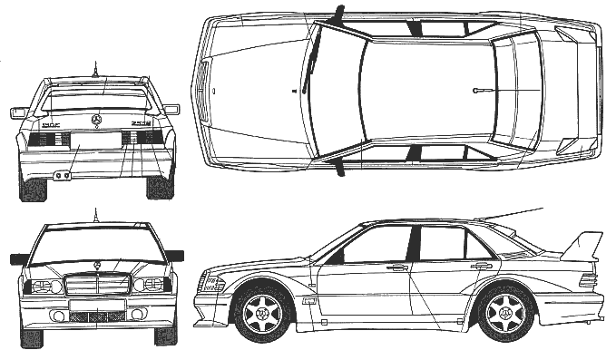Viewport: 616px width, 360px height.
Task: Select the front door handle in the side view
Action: point(396,268)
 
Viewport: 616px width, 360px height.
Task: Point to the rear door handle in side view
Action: point(482,266)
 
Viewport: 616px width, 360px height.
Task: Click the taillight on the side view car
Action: point(588,280)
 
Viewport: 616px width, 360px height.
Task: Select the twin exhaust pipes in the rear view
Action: point(63,174)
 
